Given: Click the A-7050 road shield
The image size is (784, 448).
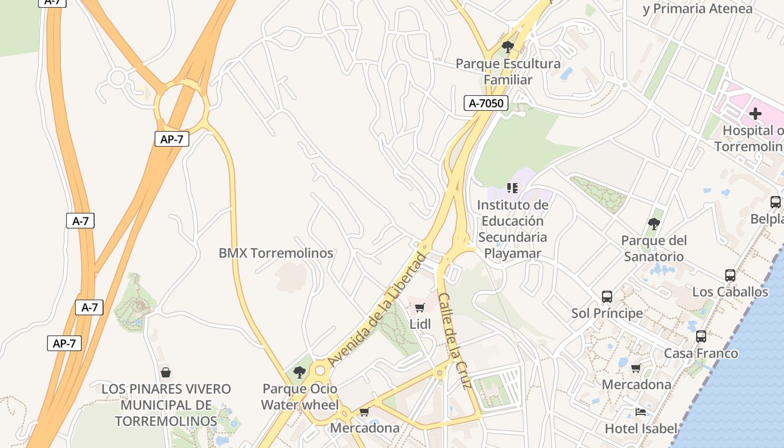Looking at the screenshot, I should click(x=486, y=103).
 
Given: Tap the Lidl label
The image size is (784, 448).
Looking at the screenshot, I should click(x=420, y=324).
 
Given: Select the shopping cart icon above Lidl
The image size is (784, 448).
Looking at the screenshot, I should click(x=420, y=307).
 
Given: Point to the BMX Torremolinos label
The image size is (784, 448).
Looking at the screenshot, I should click(x=276, y=253).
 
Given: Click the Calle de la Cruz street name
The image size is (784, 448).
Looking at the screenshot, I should click(x=455, y=340).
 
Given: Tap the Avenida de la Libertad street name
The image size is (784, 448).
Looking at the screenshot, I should click(x=378, y=309).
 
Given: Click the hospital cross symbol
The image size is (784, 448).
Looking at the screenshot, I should click(x=755, y=114).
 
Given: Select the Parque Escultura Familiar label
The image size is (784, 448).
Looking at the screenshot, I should click(x=508, y=72).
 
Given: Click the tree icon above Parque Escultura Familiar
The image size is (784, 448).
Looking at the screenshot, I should click(x=508, y=47).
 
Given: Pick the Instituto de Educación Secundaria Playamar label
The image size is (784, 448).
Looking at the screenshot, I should click(x=512, y=229).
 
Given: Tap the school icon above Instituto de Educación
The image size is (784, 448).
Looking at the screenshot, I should click(x=512, y=188).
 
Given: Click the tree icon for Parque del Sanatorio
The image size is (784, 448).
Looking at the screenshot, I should click(x=654, y=225).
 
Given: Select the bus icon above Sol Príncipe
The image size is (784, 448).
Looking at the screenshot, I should click(x=607, y=297).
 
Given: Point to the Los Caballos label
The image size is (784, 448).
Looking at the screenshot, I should click(x=730, y=292).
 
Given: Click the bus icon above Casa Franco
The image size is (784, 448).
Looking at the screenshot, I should click(x=701, y=337).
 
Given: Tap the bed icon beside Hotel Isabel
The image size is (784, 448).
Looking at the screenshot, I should click(x=641, y=412).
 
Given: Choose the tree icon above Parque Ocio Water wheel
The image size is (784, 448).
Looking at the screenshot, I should click(x=300, y=372).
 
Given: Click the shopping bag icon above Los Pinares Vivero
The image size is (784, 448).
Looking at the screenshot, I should click(x=166, y=372).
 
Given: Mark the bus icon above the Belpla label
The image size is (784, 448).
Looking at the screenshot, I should click(x=776, y=202).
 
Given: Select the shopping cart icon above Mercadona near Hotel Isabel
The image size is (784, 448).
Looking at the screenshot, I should click(x=636, y=368).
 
